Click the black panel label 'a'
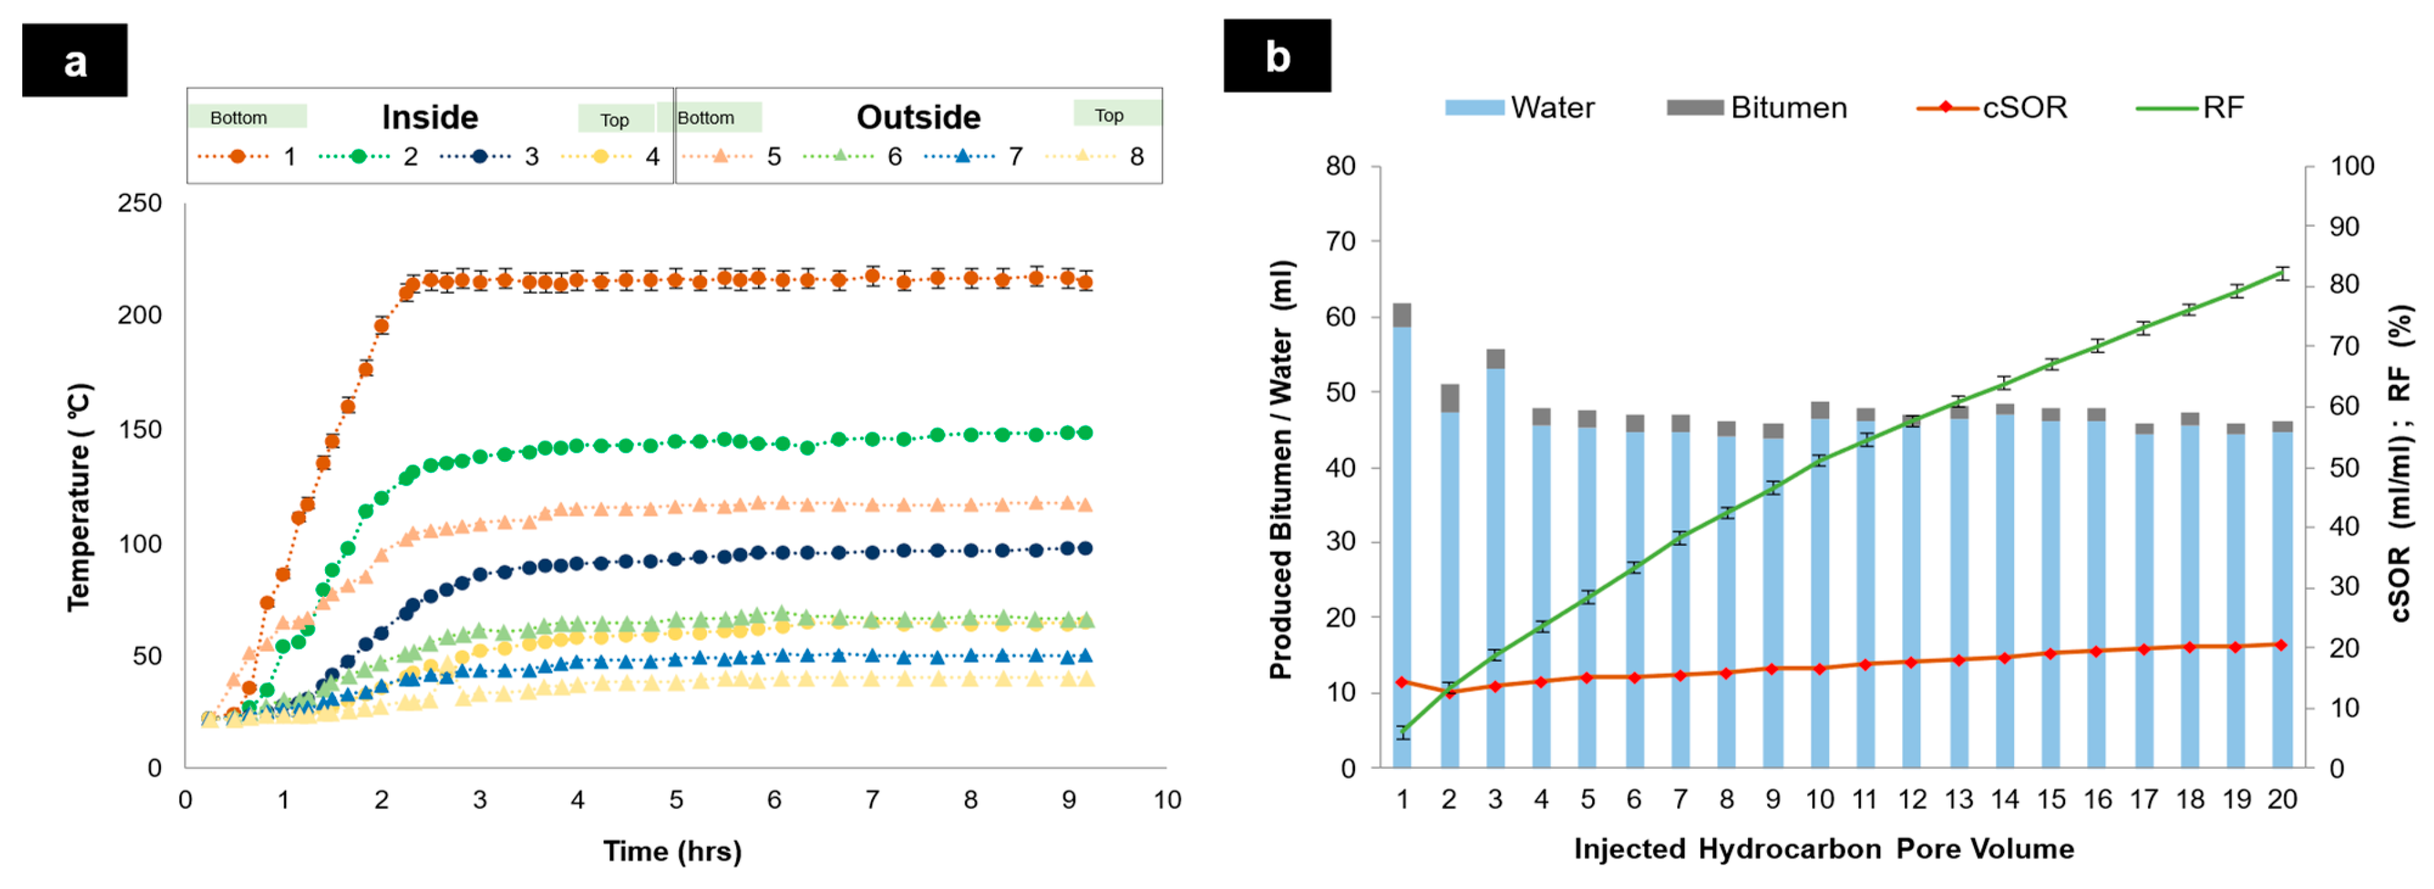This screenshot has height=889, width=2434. coord(75,61)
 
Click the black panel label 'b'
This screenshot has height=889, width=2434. coord(1277,57)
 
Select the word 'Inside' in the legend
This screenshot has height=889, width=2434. coord(430,117)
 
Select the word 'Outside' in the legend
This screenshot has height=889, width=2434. coord(918,117)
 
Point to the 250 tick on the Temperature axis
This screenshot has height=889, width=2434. coord(140,203)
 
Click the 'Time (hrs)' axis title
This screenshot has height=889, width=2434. coord(672,852)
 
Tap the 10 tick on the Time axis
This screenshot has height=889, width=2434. coord(1167,800)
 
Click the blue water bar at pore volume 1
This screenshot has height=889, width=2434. coord(1402,548)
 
